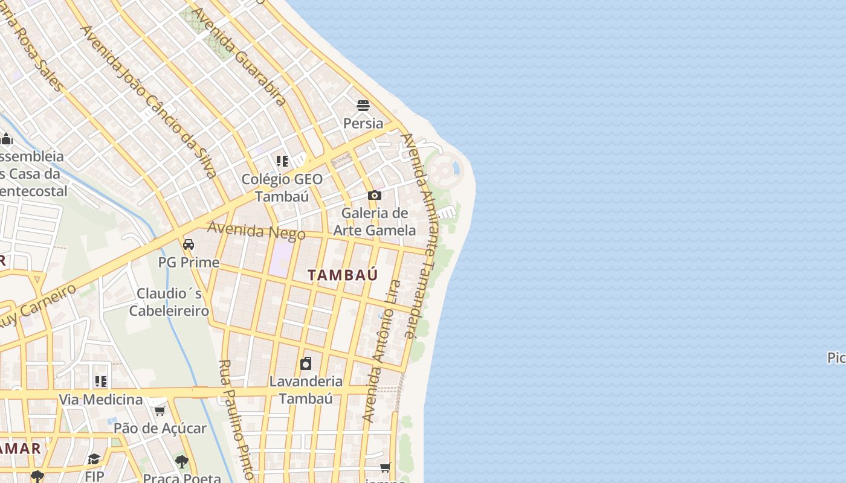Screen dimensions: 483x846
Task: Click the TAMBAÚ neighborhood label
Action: (343, 275)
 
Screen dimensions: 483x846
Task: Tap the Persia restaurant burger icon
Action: (363, 106)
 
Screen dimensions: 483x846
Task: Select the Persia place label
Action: (363, 124)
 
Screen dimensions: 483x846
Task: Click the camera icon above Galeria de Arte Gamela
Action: (375, 195)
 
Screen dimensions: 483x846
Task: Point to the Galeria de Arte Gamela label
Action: (375, 222)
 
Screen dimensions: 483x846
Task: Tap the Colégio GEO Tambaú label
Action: (282, 188)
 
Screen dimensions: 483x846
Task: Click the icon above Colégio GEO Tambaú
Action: (282, 161)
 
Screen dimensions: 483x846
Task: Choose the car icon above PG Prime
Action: (189, 245)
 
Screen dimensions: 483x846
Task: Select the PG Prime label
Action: (189, 263)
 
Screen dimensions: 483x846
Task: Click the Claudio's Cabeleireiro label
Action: (169, 302)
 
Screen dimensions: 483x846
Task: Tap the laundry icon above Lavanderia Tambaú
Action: (306, 363)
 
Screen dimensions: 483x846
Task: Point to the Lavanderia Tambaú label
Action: (306, 390)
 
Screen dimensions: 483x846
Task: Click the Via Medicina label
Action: (100, 400)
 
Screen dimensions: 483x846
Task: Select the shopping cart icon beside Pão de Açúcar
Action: (160, 411)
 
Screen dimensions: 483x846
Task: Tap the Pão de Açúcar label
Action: (160, 429)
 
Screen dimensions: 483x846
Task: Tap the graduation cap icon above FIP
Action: (94, 459)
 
